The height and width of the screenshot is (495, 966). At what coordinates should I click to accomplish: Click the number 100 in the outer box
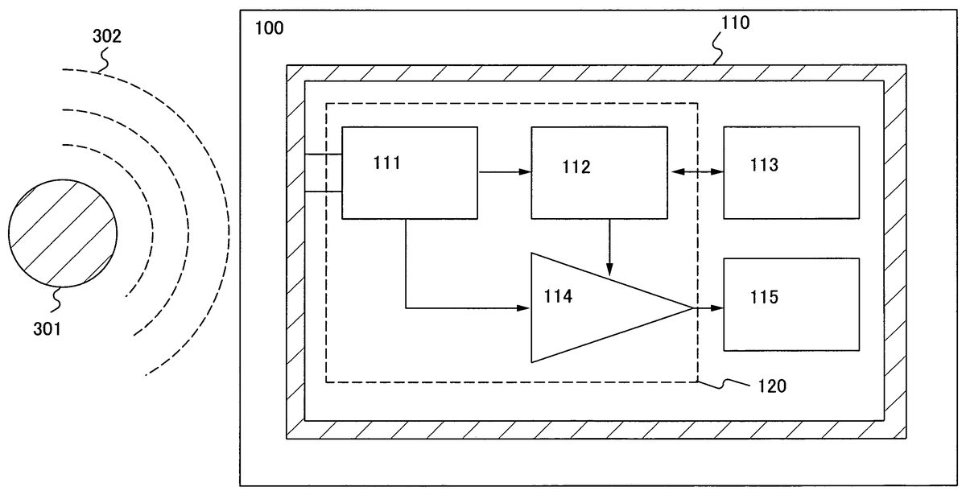[269, 29]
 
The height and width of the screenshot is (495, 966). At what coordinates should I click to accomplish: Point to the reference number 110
[733, 23]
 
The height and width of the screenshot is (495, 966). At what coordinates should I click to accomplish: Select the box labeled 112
[599, 172]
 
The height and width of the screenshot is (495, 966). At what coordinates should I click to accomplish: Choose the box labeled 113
[791, 172]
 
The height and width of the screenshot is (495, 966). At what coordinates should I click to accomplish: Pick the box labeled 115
[791, 304]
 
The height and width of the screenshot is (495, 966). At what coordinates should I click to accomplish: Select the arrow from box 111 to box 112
[504, 171]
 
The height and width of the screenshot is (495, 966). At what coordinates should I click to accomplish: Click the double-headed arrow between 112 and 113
[696, 171]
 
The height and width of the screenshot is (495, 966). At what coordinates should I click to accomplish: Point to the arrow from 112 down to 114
[609, 246]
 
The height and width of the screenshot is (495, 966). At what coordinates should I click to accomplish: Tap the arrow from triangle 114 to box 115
[708, 307]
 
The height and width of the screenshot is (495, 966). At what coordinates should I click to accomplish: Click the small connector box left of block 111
[324, 172]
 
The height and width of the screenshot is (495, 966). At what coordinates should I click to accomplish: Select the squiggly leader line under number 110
[718, 51]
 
